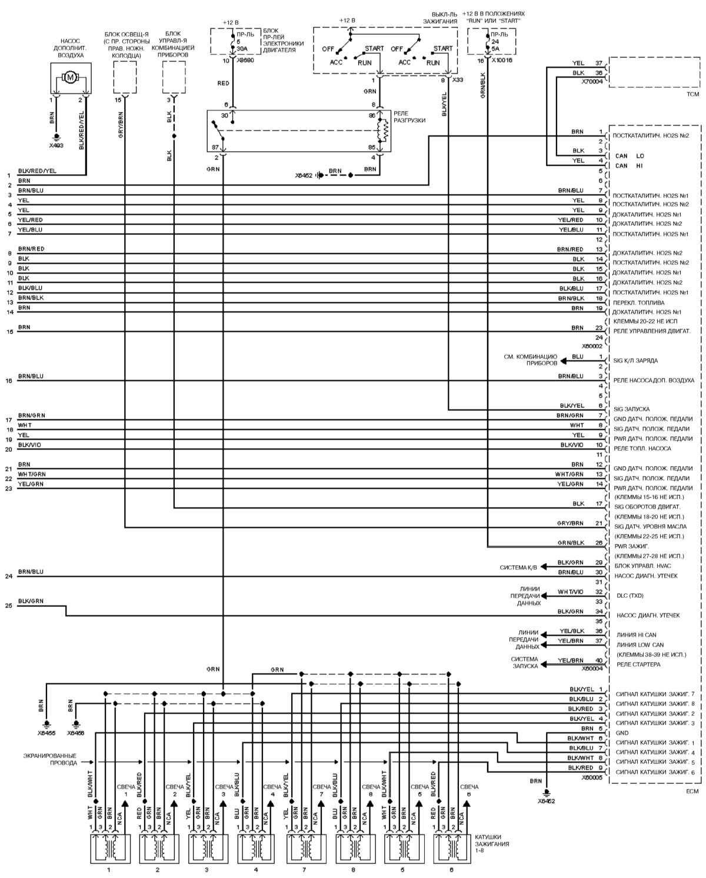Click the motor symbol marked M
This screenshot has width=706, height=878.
tap(71, 77)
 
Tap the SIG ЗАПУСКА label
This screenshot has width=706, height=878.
tap(631, 408)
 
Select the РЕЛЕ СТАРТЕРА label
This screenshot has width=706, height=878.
tap(638, 664)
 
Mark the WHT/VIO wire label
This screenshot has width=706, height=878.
tap(571, 591)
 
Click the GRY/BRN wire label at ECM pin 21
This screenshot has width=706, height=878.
tap(570, 523)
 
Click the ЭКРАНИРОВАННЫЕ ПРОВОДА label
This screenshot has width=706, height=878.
tap(50, 759)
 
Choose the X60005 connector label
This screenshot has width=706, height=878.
tap(592, 776)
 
